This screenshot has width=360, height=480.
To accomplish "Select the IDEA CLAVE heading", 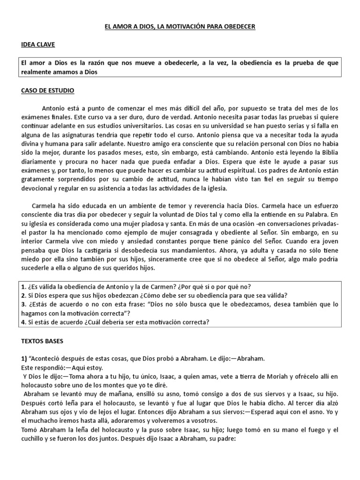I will click(x=38, y=45).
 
